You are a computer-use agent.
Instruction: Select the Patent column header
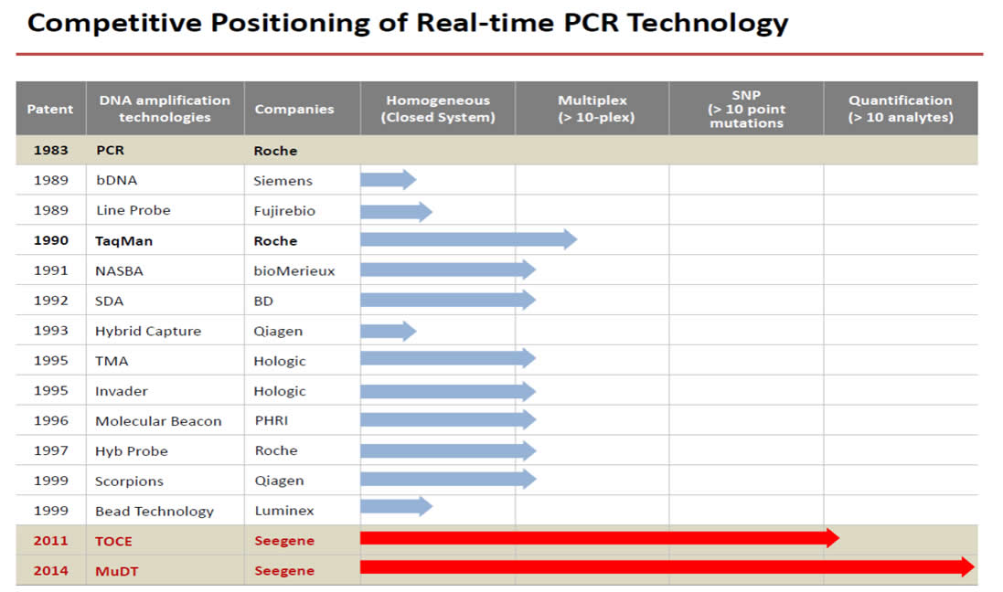tap(50, 110)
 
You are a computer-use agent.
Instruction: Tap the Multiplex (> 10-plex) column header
tap(593, 109)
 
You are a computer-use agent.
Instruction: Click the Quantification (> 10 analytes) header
tap(901, 109)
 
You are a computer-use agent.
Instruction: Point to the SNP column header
tap(746, 109)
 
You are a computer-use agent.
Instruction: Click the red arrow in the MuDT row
tap(667, 567)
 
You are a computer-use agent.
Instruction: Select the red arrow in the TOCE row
tap(600, 538)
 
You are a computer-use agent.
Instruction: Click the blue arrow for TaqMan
tap(468, 239)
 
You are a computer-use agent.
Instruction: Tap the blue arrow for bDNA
tap(389, 180)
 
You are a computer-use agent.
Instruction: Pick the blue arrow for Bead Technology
tap(397, 506)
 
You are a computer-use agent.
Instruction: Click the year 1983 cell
tap(50, 150)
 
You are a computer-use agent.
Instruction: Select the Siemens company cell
tap(283, 181)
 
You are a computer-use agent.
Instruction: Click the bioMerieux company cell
tap(294, 271)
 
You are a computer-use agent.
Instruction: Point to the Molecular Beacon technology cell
tap(158, 421)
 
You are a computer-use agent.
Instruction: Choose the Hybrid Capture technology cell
tap(148, 331)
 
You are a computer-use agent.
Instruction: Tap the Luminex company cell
tap(284, 511)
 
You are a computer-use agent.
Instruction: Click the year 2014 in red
tap(50, 571)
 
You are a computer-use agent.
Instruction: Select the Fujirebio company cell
tap(284, 211)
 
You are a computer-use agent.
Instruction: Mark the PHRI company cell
tap(272, 420)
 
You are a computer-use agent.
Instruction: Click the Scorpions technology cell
tap(129, 481)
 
